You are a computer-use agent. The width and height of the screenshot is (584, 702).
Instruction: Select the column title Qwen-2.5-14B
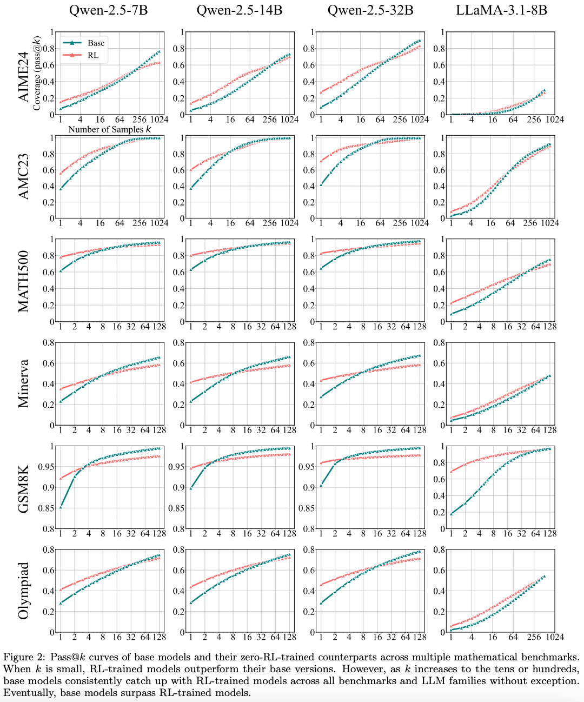click(239, 10)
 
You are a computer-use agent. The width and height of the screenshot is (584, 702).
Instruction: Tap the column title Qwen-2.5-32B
click(369, 10)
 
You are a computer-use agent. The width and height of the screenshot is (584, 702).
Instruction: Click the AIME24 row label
click(24, 74)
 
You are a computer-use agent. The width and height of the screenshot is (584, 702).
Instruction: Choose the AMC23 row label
click(24, 177)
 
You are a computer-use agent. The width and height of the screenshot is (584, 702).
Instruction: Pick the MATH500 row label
click(24, 281)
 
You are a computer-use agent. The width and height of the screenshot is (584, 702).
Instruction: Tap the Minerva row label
click(24, 383)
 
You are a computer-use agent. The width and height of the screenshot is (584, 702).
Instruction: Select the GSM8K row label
click(24, 487)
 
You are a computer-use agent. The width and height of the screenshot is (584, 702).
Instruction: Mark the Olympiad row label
click(24, 591)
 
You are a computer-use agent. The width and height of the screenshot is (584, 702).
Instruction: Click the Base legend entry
click(96, 43)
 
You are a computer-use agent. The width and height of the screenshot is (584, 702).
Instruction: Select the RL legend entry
click(93, 55)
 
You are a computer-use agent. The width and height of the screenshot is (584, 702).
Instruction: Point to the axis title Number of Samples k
click(110, 129)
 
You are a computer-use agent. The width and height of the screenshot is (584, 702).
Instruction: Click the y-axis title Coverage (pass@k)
click(37, 74)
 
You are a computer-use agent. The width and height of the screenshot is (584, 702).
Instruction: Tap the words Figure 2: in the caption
click(24, 658)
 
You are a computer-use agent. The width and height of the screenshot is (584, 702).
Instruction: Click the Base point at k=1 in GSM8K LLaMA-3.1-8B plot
click(451, 513)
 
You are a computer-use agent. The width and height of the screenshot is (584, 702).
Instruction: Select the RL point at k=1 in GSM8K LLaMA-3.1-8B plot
click(451, 472)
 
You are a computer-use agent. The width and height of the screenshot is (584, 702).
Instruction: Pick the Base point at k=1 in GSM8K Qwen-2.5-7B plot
click(61, 507)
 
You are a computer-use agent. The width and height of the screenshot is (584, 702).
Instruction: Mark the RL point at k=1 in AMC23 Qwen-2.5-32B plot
click(321, 161)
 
